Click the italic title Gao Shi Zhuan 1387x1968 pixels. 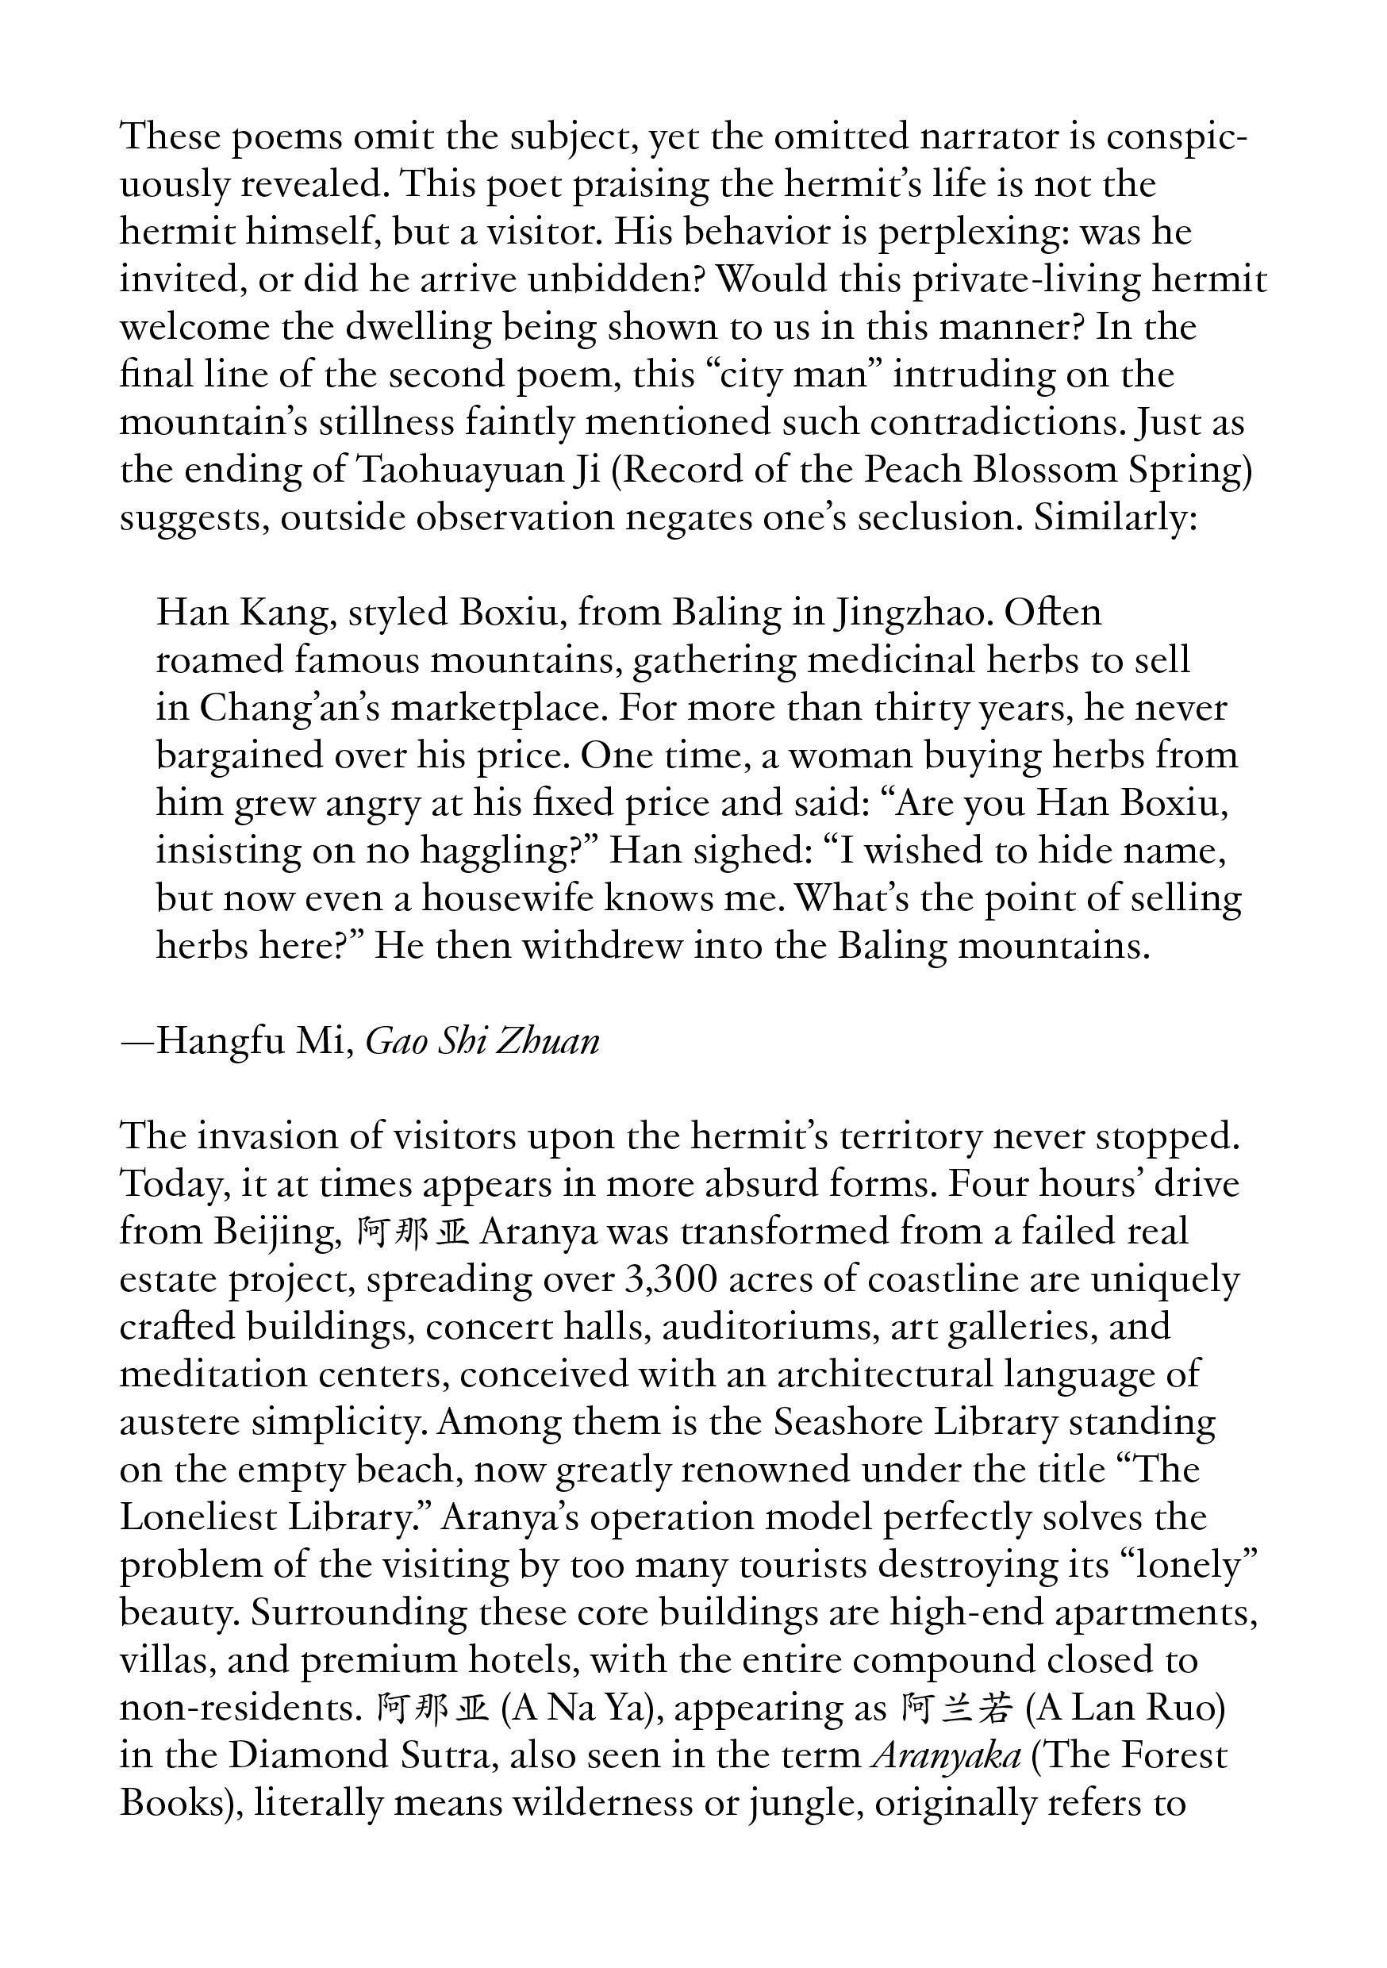click(482, 1041)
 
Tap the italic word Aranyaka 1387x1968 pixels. click(946, 1756)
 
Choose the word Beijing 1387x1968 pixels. click(275, 1232)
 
